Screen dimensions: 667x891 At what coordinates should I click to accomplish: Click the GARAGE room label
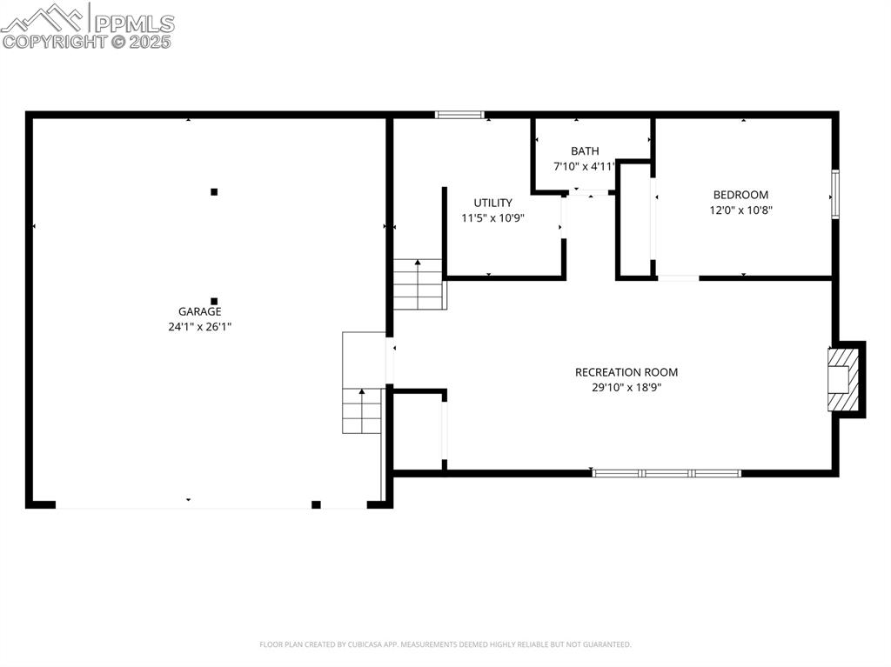tap(199, 311)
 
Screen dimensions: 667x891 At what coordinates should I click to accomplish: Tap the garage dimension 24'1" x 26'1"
tap(199, 327)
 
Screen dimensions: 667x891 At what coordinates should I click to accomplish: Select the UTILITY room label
tap(492, 203)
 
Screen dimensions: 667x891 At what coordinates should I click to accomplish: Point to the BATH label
tap(585, 151)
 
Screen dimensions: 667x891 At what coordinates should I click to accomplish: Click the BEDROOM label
tap(740, 195)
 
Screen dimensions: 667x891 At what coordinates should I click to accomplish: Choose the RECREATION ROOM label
tap(626, 372)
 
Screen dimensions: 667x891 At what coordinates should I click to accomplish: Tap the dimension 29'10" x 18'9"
tap(626, 388)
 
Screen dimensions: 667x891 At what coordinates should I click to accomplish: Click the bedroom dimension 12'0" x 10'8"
tap(740, 210)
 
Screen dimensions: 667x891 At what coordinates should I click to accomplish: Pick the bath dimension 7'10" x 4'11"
tap(585, 166)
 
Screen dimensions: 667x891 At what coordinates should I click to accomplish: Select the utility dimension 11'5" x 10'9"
tap(492, 218)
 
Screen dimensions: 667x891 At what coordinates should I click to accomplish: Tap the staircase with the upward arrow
tap(419, 284)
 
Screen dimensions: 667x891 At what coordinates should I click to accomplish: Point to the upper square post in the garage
tap(214, 191)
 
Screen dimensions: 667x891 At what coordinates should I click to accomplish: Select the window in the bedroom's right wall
tap(834, 193)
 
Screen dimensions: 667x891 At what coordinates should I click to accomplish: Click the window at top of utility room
tap(459, 114)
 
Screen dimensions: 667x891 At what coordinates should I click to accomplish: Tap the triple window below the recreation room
tap(667, 473)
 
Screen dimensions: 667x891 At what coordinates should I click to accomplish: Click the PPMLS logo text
tap(133, 23)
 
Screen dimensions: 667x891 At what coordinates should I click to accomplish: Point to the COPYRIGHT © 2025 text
tap(87, 41)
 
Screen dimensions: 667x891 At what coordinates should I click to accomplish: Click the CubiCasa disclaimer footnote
tap(445, 644)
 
